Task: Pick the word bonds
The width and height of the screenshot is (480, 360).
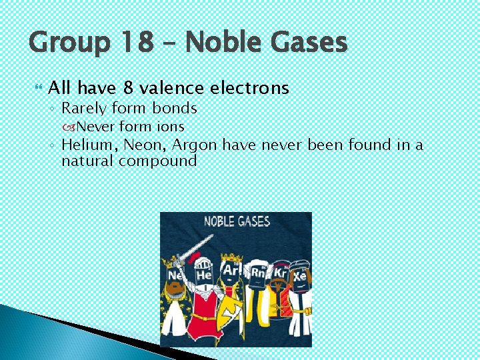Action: click(174, 108)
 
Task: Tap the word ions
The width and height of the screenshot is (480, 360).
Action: click(170, 126)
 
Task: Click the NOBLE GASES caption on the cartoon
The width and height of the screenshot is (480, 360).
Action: click(237, 221)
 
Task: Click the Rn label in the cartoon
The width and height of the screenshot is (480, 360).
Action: click(257, 272)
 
